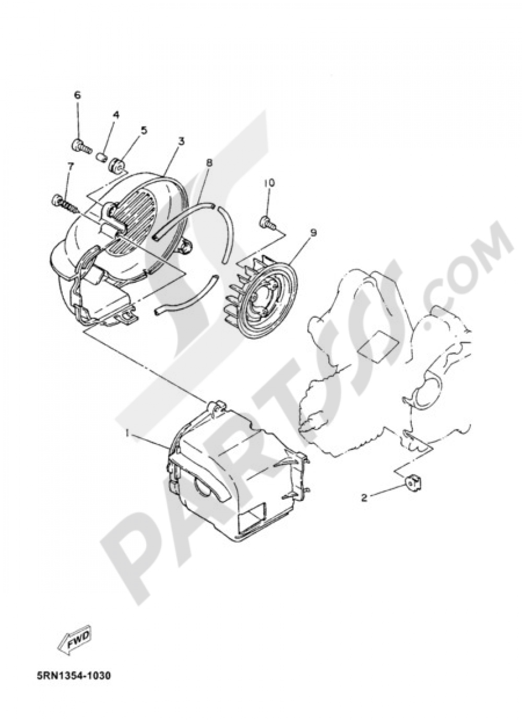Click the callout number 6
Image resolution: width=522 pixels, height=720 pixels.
point(77,95)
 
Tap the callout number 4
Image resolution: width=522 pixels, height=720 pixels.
point(115,115)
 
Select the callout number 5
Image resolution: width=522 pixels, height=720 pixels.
point(144,130)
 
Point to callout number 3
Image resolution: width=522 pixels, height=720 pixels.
point(182,141)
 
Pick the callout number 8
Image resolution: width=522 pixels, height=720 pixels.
point(209,163)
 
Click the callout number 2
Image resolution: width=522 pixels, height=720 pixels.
point(364,507)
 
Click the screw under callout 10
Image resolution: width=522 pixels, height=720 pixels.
point(268,223)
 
